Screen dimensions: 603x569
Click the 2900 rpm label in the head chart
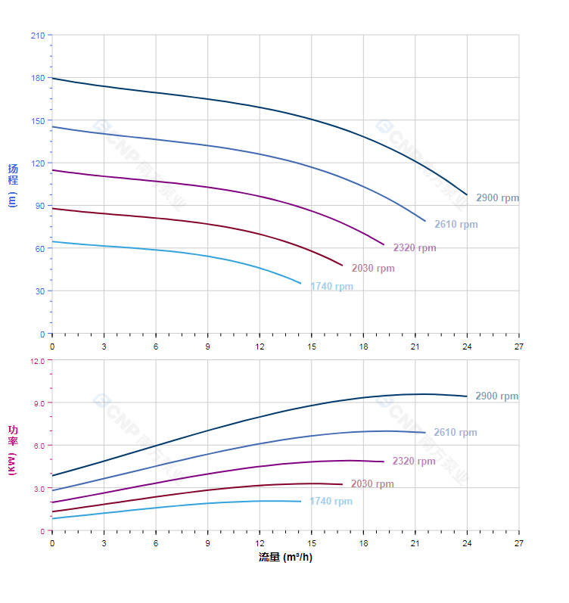497,198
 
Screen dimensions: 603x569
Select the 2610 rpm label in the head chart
456,225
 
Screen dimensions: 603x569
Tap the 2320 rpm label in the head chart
414,248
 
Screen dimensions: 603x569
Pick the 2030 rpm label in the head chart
372,269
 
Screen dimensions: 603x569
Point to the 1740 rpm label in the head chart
331,287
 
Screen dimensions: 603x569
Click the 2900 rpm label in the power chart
496,396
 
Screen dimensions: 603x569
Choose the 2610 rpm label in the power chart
455,433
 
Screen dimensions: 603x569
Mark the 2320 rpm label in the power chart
414,462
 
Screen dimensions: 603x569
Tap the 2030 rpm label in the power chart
372,484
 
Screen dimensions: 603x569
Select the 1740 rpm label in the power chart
331,502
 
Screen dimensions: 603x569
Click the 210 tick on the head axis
37,36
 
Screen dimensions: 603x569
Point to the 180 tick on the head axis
37,78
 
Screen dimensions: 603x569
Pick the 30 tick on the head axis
39,291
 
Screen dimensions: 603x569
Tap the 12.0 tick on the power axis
37,361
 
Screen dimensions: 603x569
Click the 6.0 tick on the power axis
39,446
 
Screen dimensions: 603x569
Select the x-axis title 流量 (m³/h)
284,558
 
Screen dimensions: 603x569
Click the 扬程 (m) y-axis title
12,185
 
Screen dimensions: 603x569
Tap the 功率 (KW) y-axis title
12,450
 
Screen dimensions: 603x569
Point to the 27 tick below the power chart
518,543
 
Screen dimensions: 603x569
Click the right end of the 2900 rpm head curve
467,194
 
